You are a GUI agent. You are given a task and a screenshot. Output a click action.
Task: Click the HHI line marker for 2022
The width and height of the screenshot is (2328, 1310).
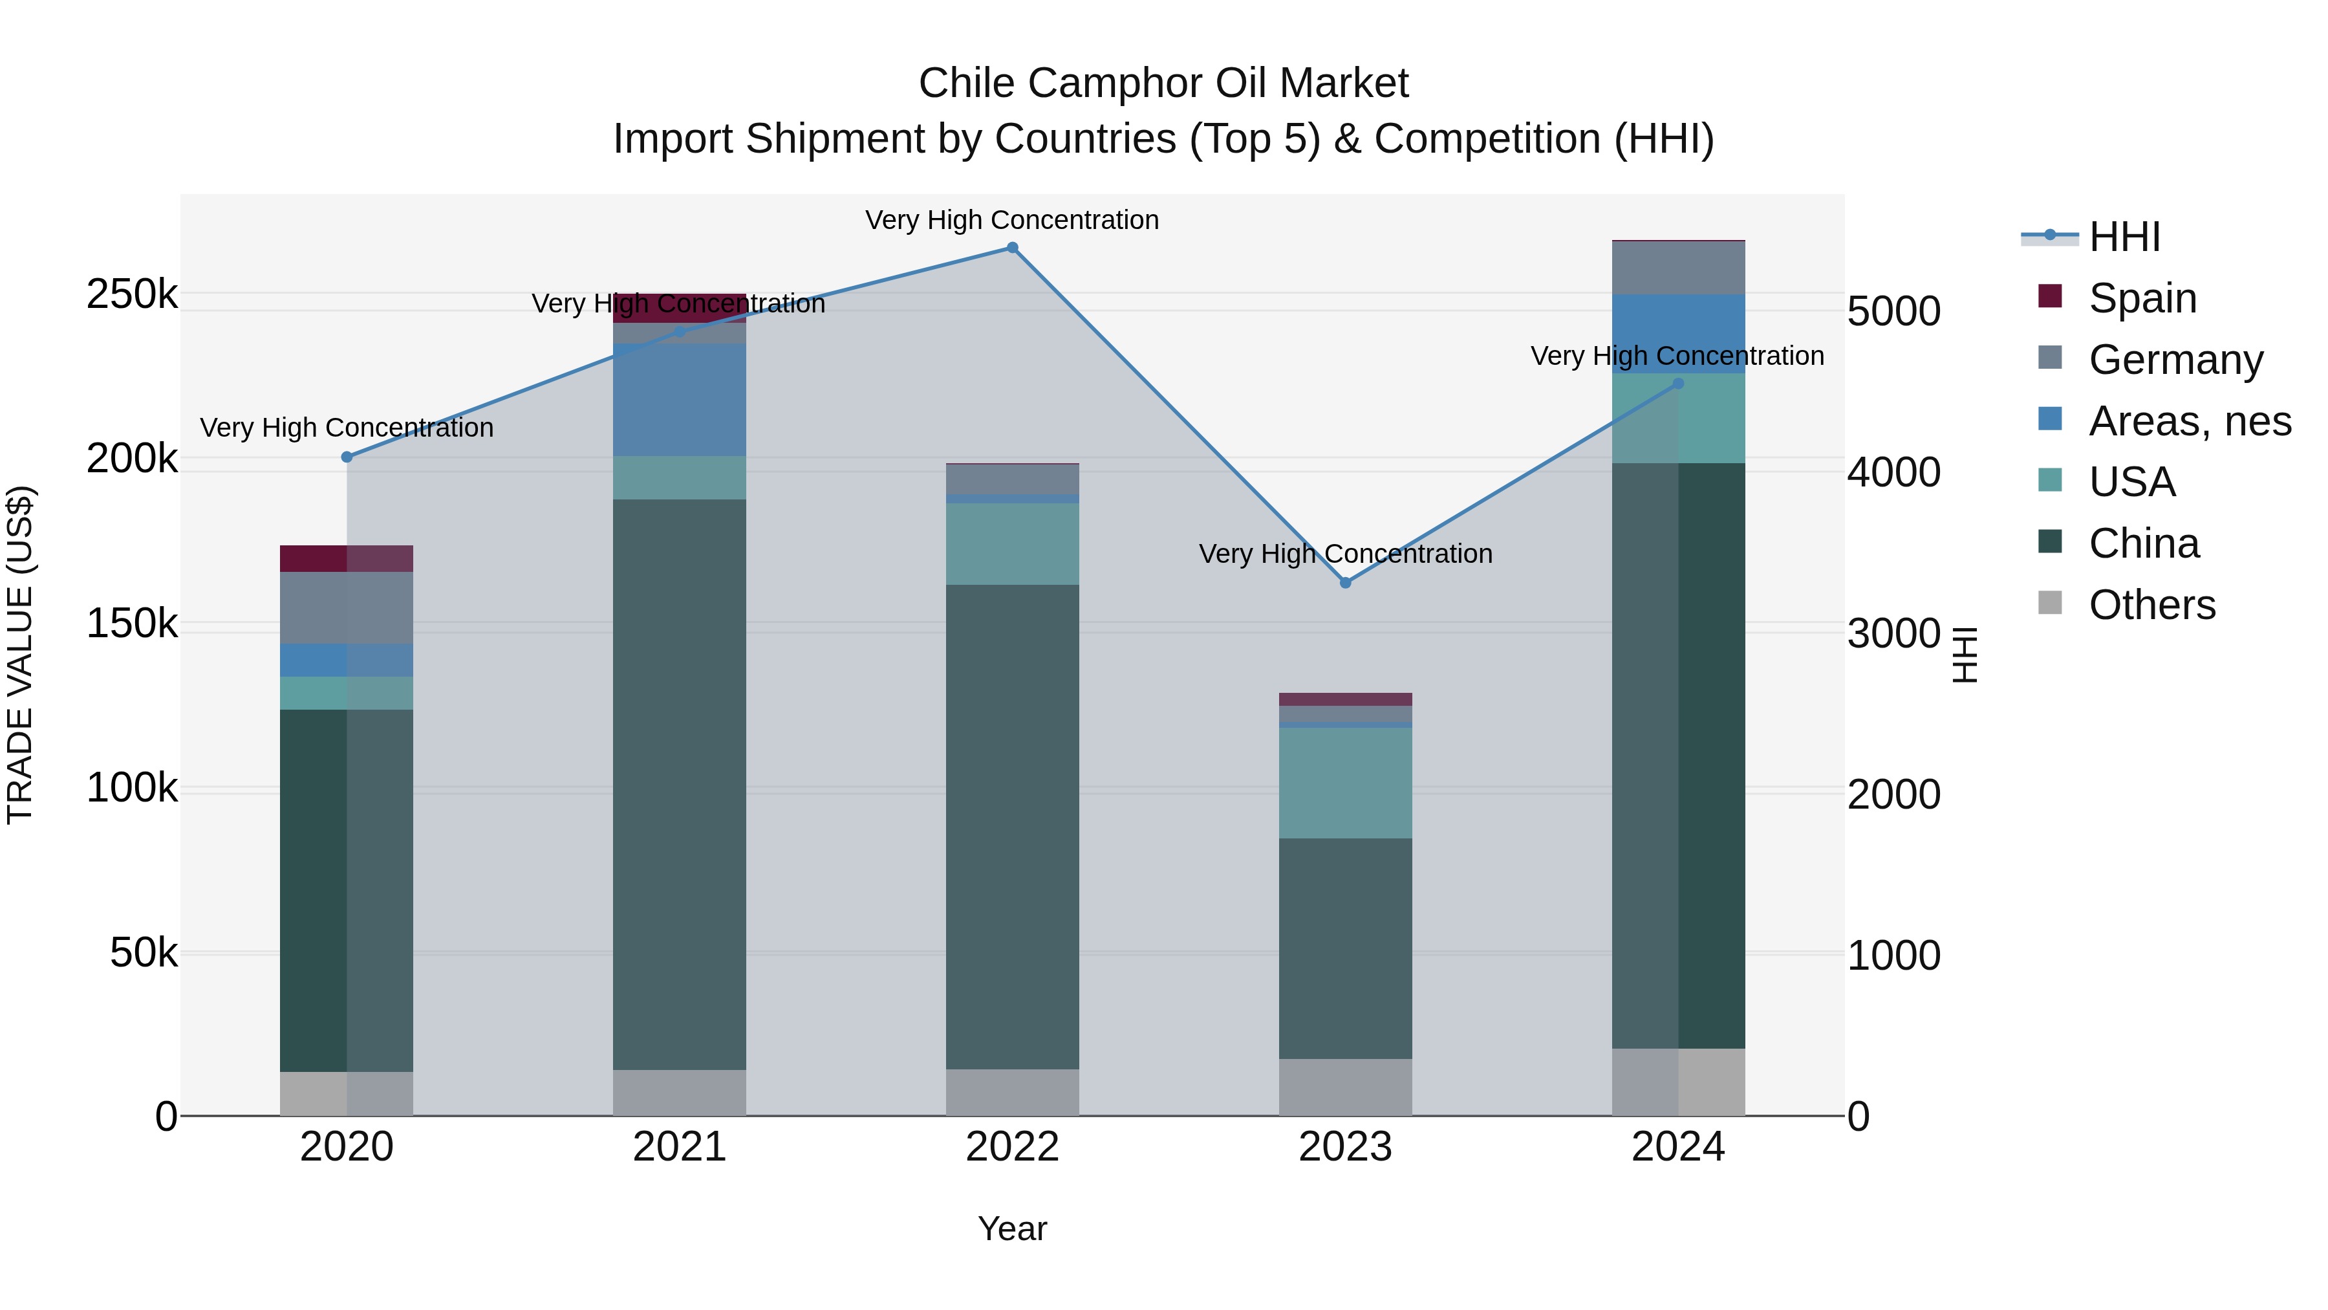coord(1012,248)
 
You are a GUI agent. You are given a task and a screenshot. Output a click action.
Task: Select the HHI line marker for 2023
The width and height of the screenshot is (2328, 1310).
coord(1346,583)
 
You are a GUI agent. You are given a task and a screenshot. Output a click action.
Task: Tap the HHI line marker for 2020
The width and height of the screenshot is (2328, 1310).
coord(347,457)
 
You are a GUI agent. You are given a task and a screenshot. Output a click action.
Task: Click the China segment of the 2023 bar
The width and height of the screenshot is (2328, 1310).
coord(1346,948)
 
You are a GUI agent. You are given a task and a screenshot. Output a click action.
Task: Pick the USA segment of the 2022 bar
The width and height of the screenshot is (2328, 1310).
coord(1012,543)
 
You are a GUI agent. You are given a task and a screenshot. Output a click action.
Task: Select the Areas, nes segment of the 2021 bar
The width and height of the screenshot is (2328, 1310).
coord(680,400)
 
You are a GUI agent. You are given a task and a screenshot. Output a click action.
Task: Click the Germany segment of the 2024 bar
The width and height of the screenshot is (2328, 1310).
coord(1678,268)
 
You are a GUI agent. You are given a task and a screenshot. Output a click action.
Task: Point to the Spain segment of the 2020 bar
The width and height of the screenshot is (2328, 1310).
coord(347,559)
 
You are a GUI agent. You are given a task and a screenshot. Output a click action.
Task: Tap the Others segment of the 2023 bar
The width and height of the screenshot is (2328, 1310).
coord(1346,1087)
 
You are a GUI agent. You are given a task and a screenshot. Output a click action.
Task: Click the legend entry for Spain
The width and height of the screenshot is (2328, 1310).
coord(2142,298)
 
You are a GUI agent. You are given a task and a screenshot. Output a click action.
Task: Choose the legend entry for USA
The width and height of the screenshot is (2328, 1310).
coord(2131,482)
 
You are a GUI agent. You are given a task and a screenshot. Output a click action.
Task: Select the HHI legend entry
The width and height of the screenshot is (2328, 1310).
coord(2124,237)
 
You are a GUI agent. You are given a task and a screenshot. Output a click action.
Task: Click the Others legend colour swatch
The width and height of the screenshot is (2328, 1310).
coord(2051,603)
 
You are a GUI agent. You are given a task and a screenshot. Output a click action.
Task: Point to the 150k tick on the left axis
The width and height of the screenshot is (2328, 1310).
coord(132,624)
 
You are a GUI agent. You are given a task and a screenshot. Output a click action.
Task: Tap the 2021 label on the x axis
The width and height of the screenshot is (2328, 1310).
coord(680,1147)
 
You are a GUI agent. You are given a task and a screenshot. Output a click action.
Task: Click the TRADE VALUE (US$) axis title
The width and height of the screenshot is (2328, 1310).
coord(20,655)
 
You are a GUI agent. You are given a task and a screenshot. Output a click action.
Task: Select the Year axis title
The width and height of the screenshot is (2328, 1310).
coord(1012,1228)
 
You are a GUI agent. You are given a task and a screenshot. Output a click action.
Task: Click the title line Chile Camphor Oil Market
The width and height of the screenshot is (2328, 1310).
coord(1163,83)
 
